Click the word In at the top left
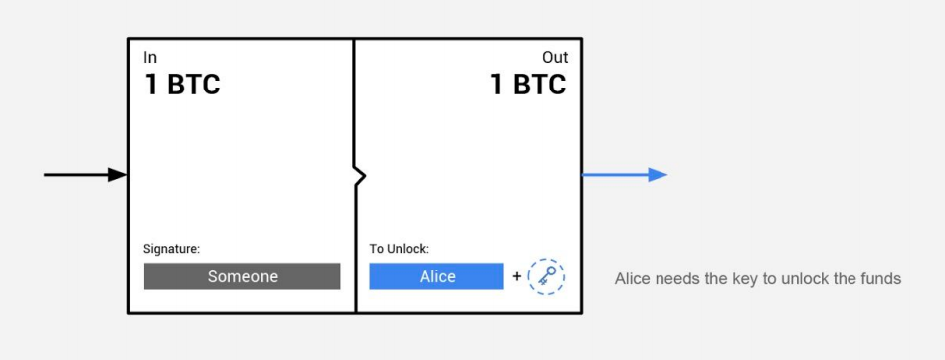150,58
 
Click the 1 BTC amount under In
183,85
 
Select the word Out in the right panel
555,58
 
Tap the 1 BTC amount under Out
528,85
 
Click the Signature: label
172,249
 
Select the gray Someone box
243,276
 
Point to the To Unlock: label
399,249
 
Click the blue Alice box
437,276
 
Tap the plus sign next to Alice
516,276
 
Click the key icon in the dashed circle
546,276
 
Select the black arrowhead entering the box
118,175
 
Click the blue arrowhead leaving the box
659,175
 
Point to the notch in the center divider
360,176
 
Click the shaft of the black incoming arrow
77,175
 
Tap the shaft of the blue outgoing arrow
616,175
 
